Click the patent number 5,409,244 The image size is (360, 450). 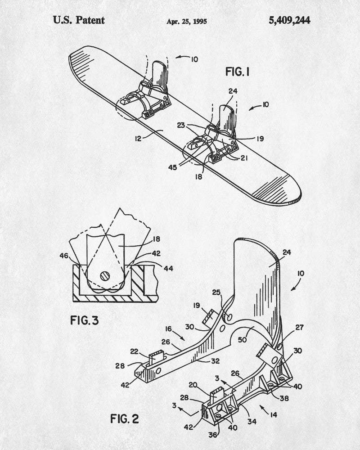(289, 20)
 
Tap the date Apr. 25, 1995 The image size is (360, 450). (187, 21)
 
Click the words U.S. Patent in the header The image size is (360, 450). (79, 20)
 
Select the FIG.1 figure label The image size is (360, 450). (238, 72)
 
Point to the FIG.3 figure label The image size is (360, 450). (85, 320)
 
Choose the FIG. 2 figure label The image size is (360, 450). (125, 418)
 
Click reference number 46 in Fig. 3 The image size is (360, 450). (64, 256)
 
